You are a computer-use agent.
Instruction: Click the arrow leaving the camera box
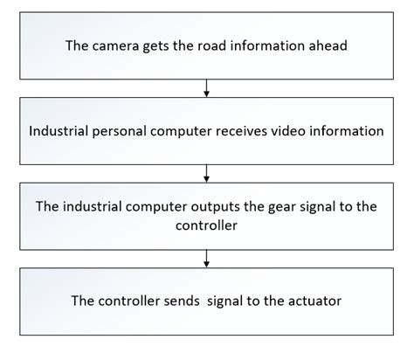(207, 88)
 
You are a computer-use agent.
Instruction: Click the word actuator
(313, 301)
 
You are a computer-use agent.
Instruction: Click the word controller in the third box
(207, 225)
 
